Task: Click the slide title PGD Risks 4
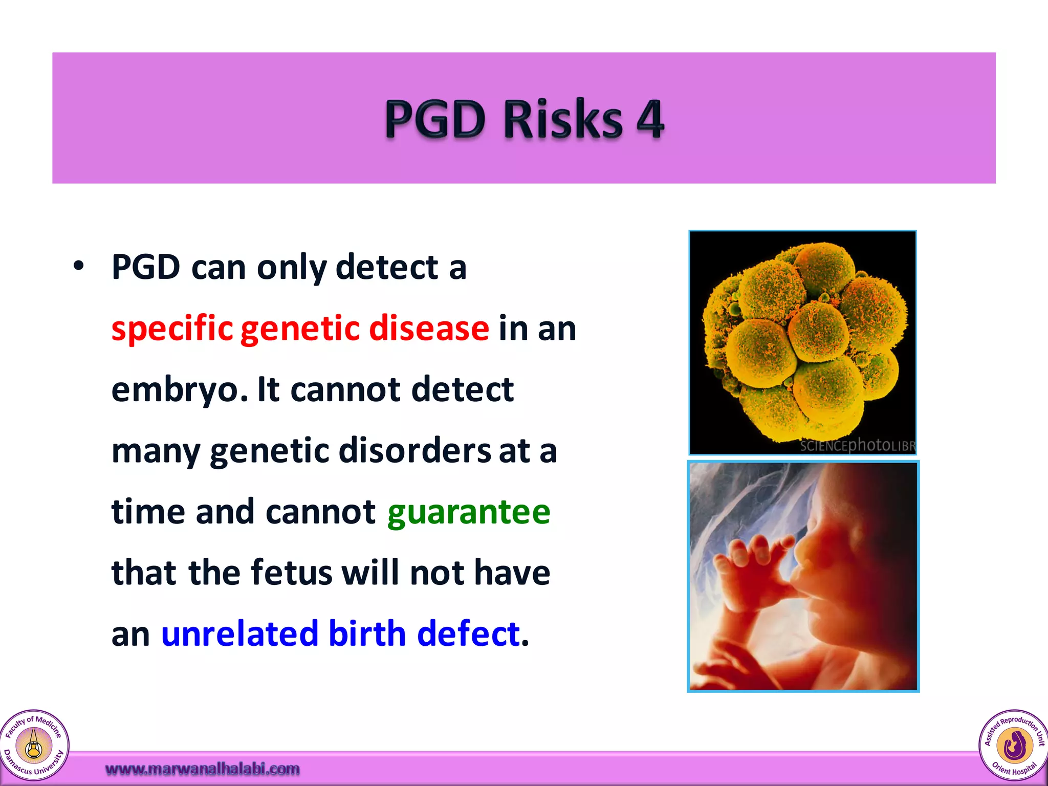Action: click(524, 119)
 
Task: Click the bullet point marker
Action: click(78, 266)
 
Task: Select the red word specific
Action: click(172, 329)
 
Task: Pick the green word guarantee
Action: click(468, 512)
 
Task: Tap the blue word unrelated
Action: click(239, 634)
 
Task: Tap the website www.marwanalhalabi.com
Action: click(202, 769)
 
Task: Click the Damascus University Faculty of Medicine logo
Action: click(34, 745)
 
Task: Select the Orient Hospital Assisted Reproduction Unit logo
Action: click(1013, 745)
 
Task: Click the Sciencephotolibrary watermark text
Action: click(857, 445)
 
